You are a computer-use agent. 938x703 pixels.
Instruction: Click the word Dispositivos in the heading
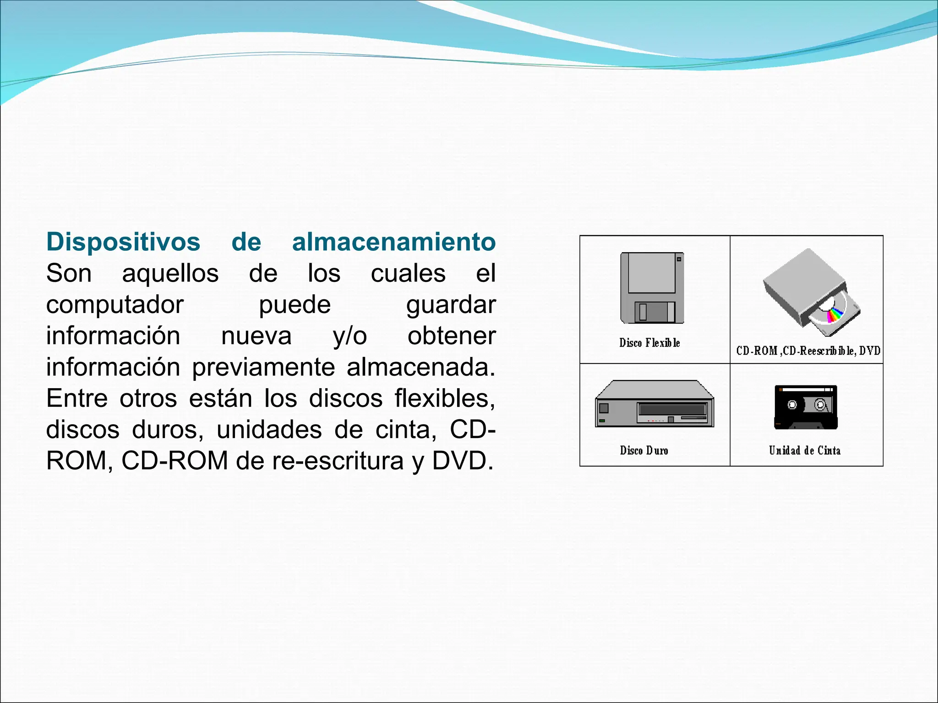[123, 242]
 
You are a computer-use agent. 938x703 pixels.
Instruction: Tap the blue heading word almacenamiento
[394, 242]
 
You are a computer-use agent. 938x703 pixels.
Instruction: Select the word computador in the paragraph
[115, 305]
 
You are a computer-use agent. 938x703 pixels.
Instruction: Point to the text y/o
[350, 336]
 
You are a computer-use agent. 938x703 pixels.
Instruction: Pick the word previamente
[263, 368]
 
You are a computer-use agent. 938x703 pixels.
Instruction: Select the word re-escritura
[338, 461]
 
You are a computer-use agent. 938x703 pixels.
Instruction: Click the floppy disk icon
[652, 288]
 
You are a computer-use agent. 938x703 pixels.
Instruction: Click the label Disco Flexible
[649, 343]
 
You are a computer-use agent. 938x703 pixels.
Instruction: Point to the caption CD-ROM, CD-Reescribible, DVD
[808, 351]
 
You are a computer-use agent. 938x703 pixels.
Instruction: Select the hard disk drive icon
[654, 404]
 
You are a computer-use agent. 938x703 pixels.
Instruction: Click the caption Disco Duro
[644, 450]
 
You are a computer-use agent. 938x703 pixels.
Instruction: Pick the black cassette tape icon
[806, 407]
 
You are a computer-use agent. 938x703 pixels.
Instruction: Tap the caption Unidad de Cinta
[805, 450]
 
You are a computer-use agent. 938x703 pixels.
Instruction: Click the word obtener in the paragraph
[452, 336]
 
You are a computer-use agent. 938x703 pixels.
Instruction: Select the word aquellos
[170, 274]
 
